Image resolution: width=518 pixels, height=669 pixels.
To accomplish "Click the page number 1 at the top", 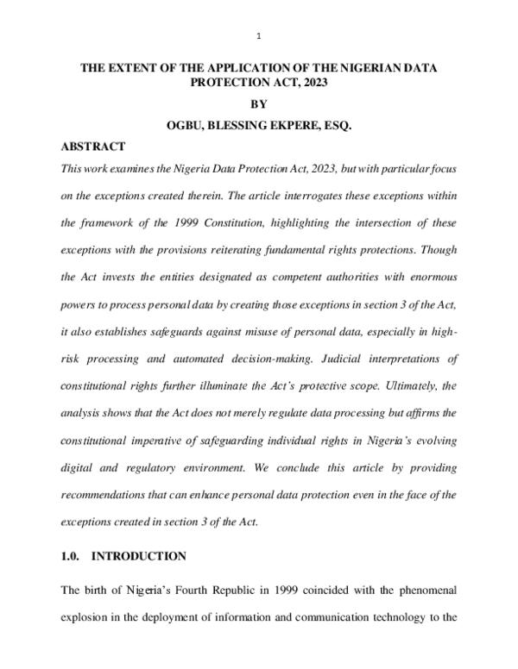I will click(x=259, y=36).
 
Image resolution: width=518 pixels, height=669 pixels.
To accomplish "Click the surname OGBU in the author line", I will click(x=185, y=126).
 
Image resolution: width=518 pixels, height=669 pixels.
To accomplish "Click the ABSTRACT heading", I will click(x=93, y=147).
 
